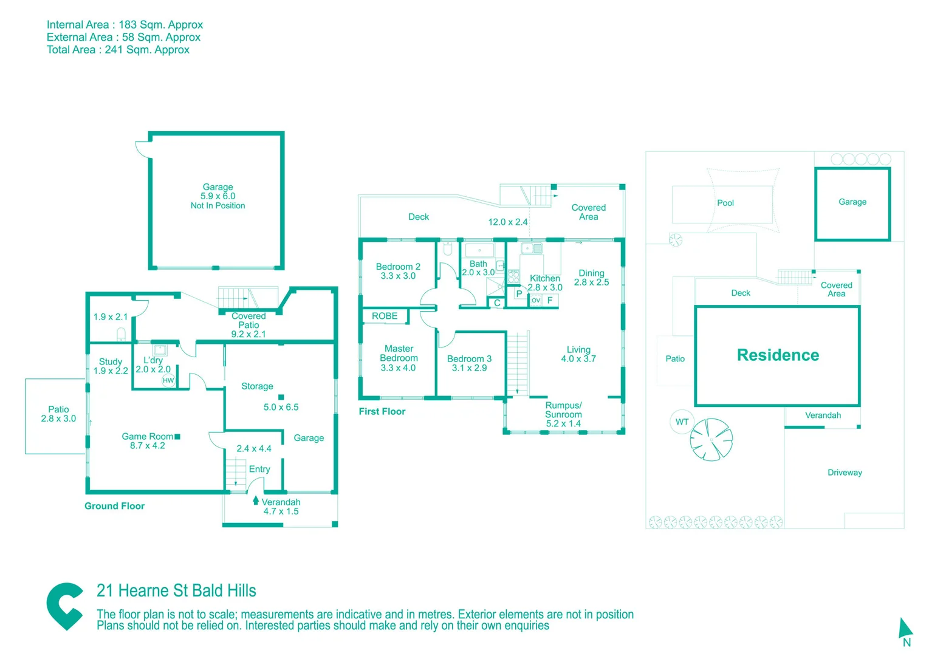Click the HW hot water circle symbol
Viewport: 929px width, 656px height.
[168, 380]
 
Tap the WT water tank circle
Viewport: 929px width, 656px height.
[682, 422]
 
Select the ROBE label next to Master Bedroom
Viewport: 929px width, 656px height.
[385, 316]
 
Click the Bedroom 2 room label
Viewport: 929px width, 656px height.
[398, 267]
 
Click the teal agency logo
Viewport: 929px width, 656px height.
[64, 606]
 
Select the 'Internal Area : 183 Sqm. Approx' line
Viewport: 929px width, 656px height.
[125, 25]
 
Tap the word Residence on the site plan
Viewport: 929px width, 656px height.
[778, 355]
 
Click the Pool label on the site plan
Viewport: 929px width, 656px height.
[725, 203]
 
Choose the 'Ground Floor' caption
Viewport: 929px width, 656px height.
[114, 506]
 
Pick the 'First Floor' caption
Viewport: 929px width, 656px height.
[382, 411]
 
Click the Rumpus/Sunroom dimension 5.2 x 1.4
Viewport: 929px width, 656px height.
[563, 423]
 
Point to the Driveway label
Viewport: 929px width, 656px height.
[845, 473]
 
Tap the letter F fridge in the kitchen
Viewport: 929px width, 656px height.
[550, 300]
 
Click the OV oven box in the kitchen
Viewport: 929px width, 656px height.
[536, 300]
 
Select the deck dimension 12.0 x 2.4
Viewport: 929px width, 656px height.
[507, 222]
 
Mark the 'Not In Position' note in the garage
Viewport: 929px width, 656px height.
[218, 206]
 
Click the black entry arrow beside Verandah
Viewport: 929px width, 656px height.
[255, 500]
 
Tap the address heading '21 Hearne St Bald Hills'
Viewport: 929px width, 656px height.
[176, 590]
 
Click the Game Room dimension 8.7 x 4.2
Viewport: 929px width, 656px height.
[147, 446]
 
